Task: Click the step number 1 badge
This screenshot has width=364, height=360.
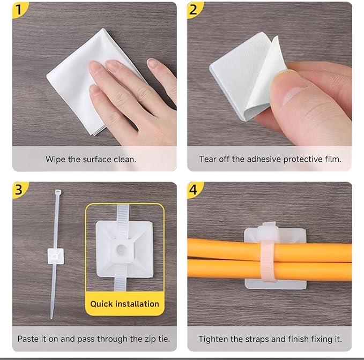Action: coord(19,9)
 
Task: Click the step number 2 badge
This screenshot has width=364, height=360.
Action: coord(195,9)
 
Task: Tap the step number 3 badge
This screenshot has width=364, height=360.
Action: coord(19,190)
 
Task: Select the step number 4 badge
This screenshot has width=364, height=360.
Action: coord(195,190)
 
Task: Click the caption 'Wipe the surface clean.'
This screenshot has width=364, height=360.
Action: coord(91,159)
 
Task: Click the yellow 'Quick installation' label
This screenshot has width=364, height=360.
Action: coord(124,304)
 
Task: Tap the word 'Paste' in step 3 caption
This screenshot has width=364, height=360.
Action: coord(28,339)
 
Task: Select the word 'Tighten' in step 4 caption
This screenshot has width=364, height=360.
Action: coord(213,339)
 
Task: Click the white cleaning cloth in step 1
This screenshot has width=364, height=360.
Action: coord(80,80)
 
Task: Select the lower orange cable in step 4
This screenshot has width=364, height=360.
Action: coord(225,269)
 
